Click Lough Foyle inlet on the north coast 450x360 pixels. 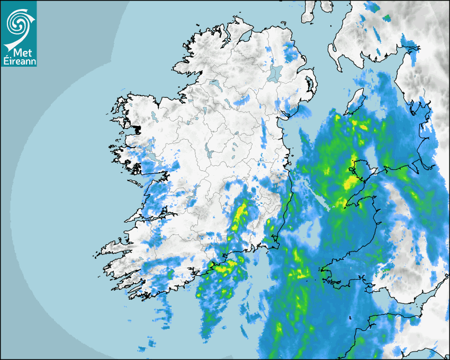point(245,37)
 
